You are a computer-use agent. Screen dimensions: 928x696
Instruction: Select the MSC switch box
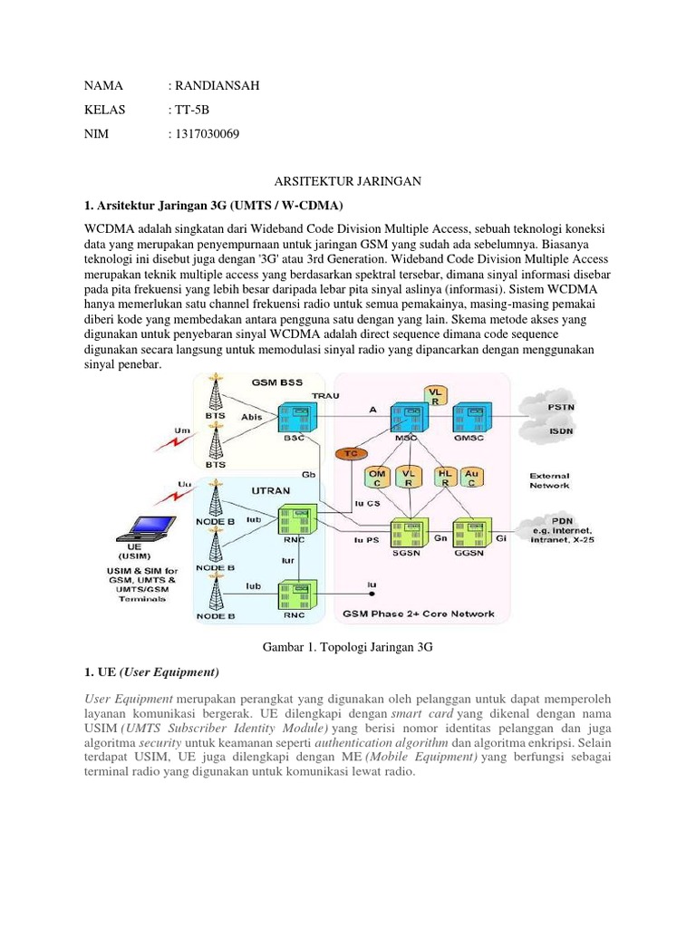coord(407,420)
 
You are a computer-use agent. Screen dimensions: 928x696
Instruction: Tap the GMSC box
coord(469,420)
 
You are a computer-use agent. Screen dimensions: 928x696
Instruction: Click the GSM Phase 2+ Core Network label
coord(418,614)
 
